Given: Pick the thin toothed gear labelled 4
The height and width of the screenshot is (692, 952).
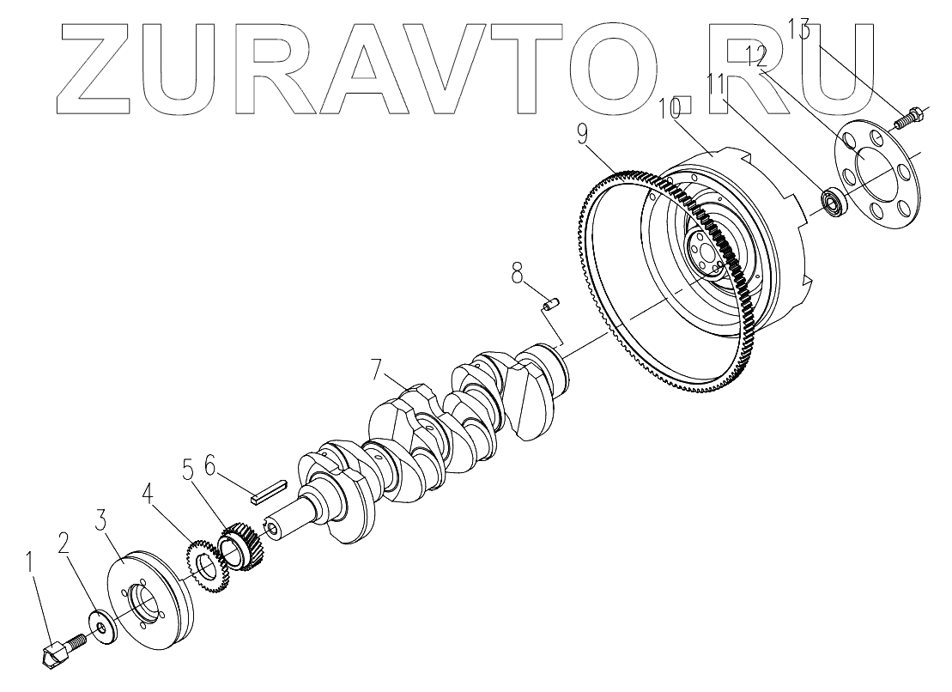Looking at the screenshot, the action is point(205,567).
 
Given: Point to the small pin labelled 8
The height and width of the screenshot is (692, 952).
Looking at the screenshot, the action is point(549,303).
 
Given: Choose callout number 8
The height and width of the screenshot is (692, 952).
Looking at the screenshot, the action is point(516,274).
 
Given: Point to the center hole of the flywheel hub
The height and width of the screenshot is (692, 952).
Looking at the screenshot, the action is point(706,252).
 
